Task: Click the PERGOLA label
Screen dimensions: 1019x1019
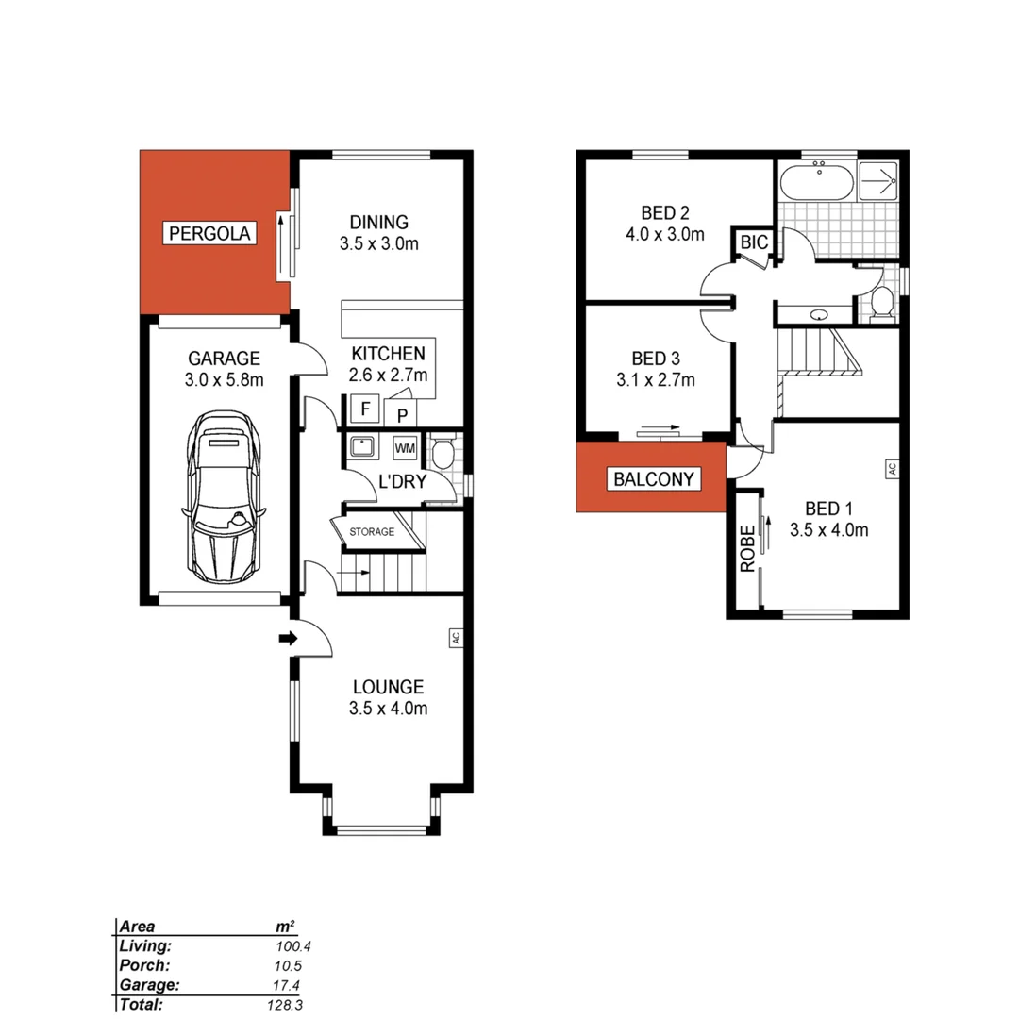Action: pyautogui.click(x=210, y=233)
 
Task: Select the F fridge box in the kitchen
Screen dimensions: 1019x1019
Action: pyautogui.click(x=363, y=409)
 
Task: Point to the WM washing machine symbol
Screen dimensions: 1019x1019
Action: pyautogui.click(x=405, y=447)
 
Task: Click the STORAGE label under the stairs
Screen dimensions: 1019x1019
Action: pyautogui.click(x=372, y=532)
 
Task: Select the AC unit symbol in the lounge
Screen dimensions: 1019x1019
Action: pyautogui.click(x=455, y=638)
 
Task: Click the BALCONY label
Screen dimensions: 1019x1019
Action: pyautogui.click(x=653, y=479)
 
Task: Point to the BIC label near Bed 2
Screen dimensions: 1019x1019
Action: pyautogui.click(x=754, y=243)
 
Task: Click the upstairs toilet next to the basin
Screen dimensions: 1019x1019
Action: pyautogui.click(x=882, y=302)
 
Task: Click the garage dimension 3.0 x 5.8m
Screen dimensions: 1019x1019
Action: pyautogui.click(x=224, y=381)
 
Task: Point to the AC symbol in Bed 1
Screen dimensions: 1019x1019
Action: pyautogui.click(x=890, y=469)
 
